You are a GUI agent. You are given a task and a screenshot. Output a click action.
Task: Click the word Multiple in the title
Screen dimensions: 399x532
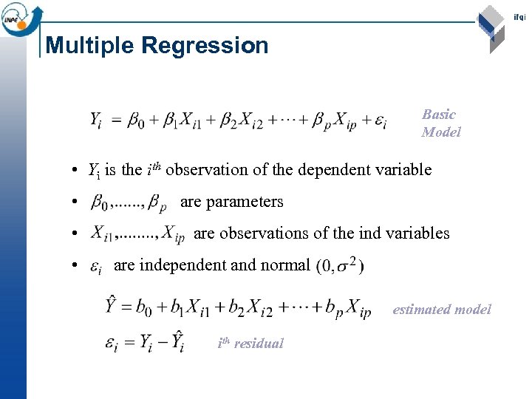(x=90, y=46)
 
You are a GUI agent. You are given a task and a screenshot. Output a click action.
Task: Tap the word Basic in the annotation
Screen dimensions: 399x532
(x=439, y=115)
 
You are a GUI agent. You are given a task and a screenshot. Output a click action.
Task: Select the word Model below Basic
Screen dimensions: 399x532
(x=441, y=132)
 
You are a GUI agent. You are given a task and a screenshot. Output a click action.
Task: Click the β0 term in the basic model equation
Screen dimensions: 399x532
(x=137, y=119)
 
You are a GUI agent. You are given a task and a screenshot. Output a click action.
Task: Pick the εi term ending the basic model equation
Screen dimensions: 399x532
(x=380, y=120)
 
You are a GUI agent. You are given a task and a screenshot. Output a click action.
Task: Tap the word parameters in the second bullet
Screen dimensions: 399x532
(x=244, y=202)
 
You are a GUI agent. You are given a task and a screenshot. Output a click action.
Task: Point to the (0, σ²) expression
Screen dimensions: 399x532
(x=340, y=265)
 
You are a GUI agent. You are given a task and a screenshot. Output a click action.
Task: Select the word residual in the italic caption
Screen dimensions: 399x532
(x=259, y=344)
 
